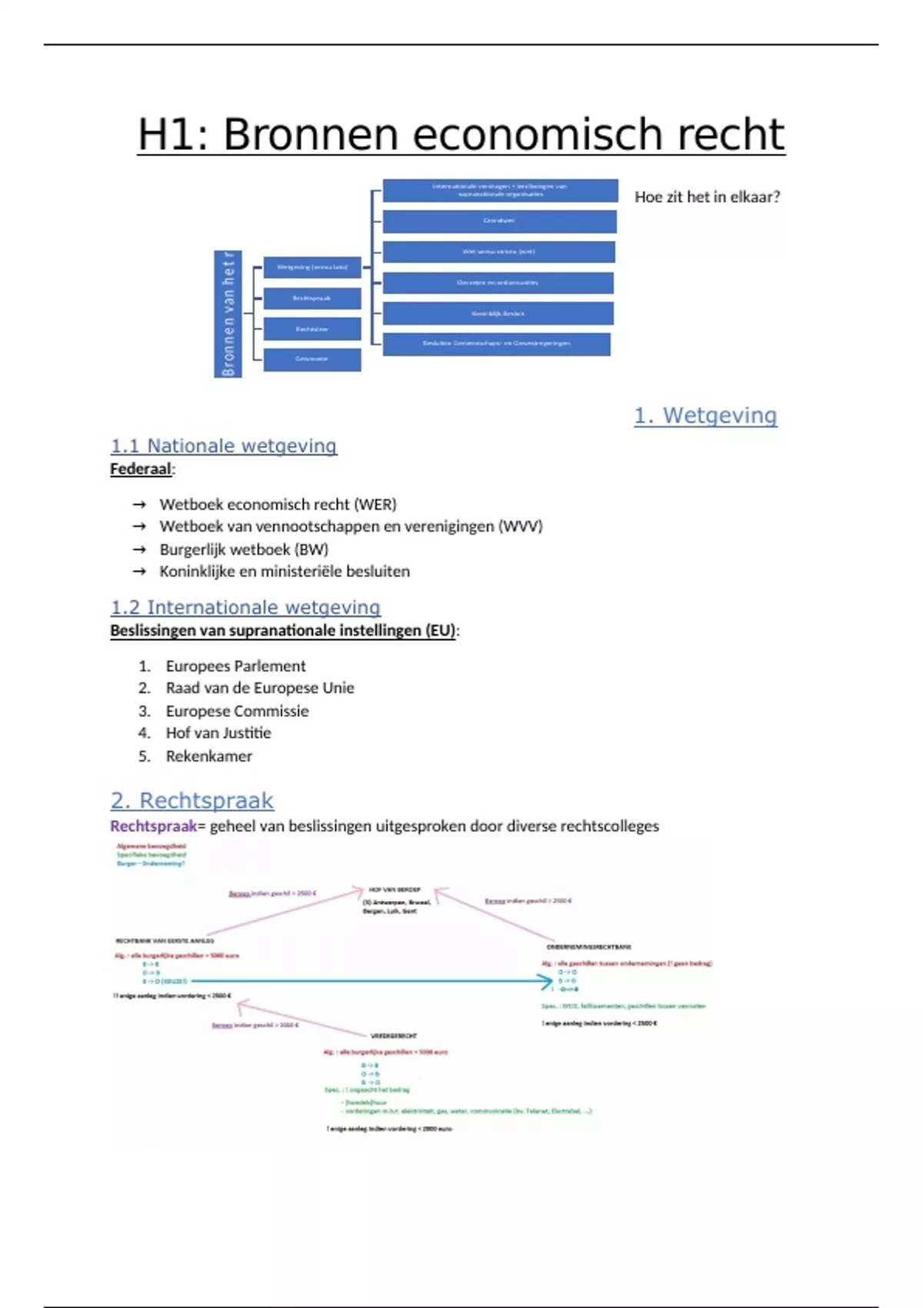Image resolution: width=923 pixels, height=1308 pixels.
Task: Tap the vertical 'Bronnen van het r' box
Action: [228, 314]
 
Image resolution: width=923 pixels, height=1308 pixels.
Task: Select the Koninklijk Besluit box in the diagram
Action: [498, 313]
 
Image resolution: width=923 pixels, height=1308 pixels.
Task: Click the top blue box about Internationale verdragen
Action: [500, 190]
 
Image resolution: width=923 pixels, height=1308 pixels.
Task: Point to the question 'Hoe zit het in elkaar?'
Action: [707, 197]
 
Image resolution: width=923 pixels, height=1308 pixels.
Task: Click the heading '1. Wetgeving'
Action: [705, 415]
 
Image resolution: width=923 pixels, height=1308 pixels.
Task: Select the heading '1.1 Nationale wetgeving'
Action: [223, 446]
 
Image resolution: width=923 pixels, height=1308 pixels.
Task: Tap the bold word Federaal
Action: [141, 469]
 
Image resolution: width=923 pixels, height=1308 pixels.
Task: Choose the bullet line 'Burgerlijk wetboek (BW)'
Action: [244, 549]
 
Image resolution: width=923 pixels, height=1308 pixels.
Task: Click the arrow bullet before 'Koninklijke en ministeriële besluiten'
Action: [139, 572]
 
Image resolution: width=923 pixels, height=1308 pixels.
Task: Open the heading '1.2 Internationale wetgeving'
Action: [245, 608]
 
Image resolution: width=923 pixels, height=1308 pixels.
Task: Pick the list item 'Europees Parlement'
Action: [235, 666]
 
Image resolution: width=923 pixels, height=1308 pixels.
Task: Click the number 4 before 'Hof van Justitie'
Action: [144, 733]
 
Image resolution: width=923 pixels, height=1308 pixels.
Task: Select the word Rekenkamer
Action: [208, 756]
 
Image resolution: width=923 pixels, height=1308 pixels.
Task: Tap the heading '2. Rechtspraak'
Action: [192, 801]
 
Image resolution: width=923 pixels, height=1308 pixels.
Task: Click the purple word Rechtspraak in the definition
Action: [154, 826]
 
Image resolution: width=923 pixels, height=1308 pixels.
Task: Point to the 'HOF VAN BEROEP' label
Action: [394, 889]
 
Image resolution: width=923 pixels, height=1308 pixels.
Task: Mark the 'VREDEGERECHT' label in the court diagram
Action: [394, 1036]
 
